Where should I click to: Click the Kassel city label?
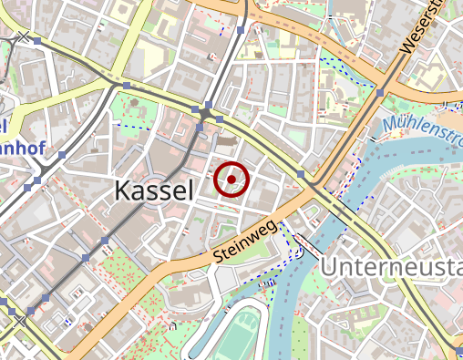tap(154, 190)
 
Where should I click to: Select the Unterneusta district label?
tap(391, 268)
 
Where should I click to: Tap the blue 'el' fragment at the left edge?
tap(4, 124)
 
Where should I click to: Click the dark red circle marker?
tap(231, 180)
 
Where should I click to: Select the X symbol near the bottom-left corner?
tap(20, 321)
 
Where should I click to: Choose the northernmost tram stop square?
tap(240, 30)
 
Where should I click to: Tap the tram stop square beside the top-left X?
tap(39, 42)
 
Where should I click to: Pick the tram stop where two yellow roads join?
tap(127, 86)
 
